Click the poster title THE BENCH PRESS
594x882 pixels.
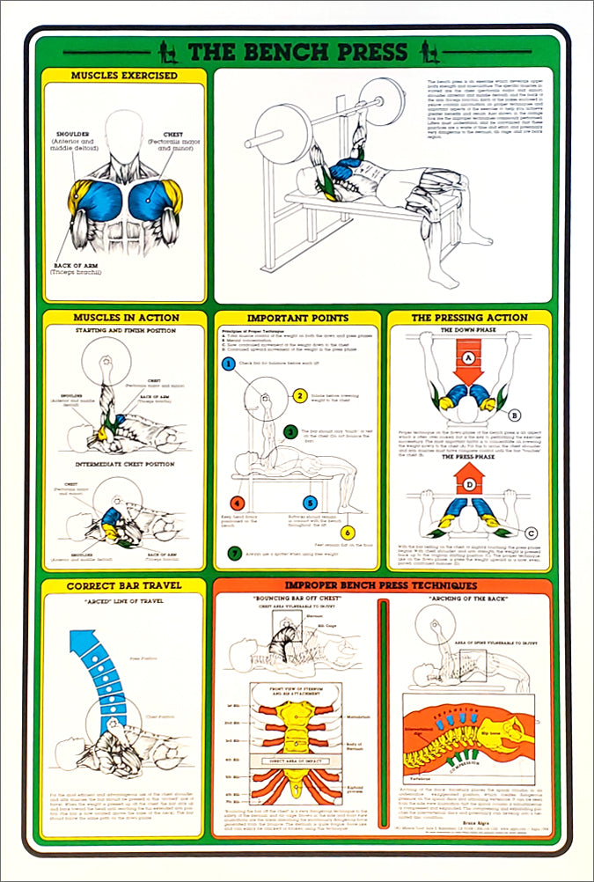click(297, 52)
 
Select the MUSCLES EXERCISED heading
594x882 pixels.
click(124, 76)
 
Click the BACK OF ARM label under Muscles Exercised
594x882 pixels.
click(81, 265)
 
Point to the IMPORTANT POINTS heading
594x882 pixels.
click(297, 318)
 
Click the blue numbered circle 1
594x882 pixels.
click(227, 364)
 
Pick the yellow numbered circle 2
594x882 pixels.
click(300, 396)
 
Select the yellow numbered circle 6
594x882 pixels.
click(348, 533)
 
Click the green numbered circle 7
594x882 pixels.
click(233, 554)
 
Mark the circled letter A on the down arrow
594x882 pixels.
click(470, 357)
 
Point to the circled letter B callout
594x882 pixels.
click(515, 415)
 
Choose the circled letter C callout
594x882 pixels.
click(531, 533)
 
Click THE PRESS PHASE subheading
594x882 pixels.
click(470, 458)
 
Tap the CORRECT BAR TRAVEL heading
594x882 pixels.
click(124, 585)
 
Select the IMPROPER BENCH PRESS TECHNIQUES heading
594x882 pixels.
click(382, 585)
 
